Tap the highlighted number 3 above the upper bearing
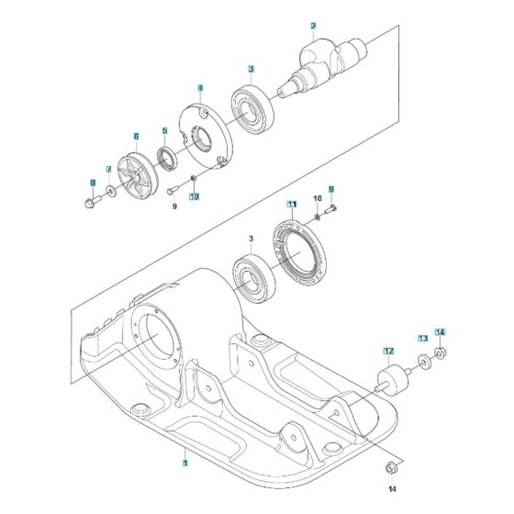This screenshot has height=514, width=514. click(251, 68)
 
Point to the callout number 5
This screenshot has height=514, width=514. click(164, 130)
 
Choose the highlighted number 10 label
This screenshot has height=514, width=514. click(195, 196)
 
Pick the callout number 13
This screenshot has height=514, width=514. click(423, 339)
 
